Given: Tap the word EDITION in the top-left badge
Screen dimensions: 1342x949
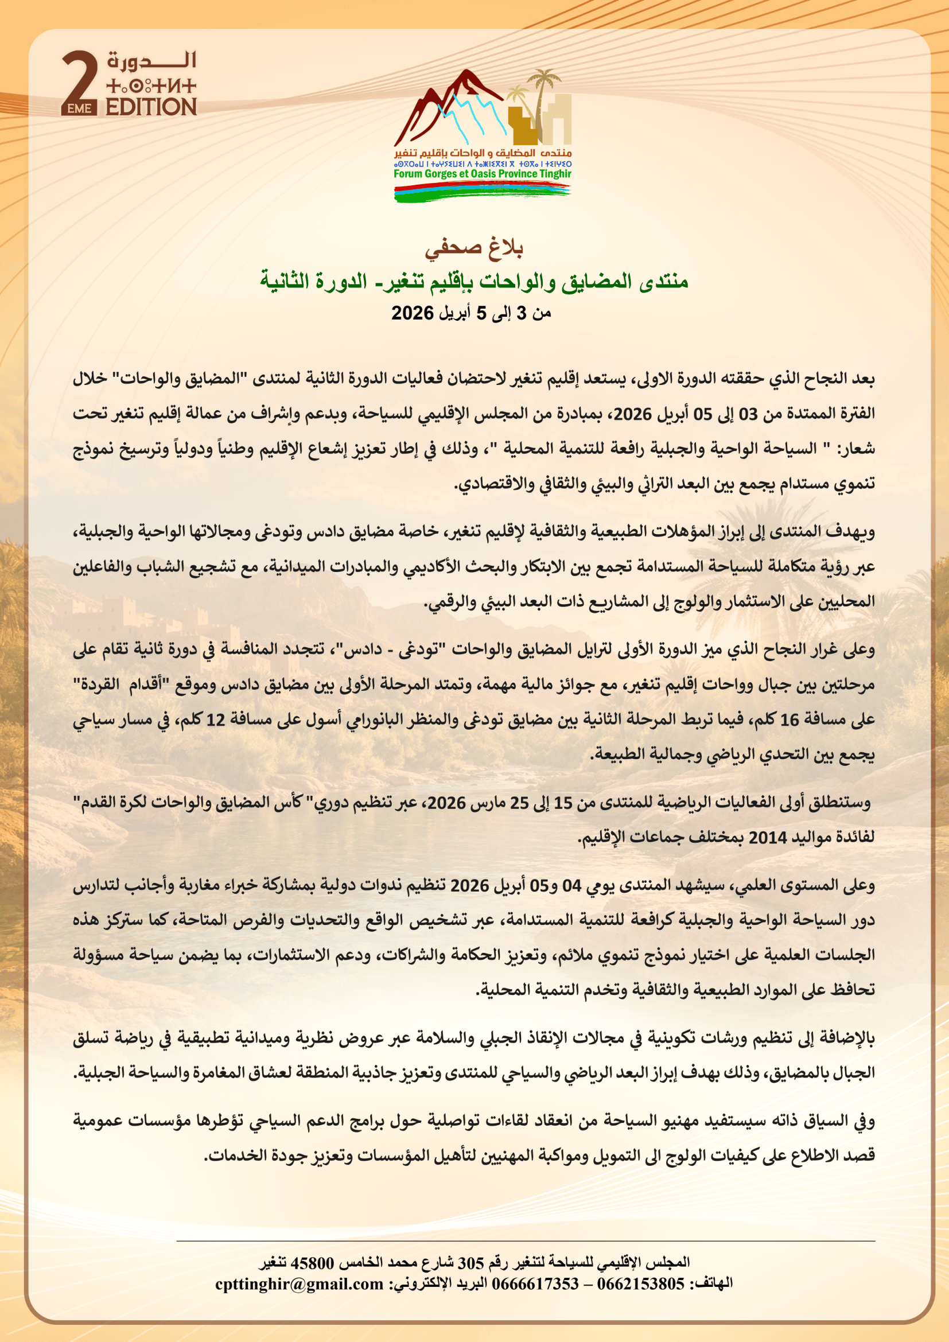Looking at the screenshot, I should [x=151, y=107].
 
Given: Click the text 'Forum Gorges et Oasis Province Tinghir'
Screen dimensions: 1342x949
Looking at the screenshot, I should [x=482, y=174].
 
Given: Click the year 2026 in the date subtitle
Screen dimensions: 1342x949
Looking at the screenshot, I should [x=413, y=313].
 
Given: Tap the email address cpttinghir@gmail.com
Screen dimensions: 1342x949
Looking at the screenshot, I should [x=299, y=1283].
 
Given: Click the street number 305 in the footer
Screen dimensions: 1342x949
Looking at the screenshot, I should [x=470, y=1262].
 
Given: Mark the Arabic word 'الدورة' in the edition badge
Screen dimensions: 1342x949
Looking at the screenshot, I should [x=151, y=60].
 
